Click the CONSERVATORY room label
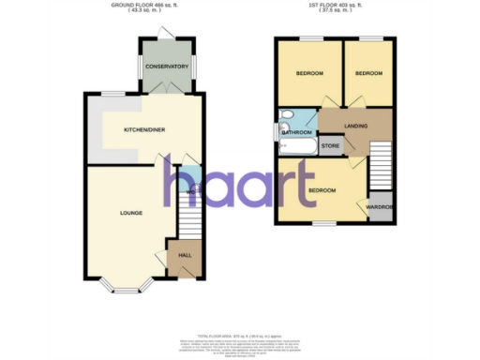[x=165, y=67]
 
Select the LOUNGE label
[x=130, y=214]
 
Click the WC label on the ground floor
[x=189, y=192]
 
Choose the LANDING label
[x=355, y=126]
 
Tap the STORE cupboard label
[x=330, y=145]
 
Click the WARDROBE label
[x=379, y=207]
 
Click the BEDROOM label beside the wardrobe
[x=322, y=191]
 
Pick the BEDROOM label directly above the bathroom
[x=309, y=74]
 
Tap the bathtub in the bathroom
[x=300, y=117]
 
